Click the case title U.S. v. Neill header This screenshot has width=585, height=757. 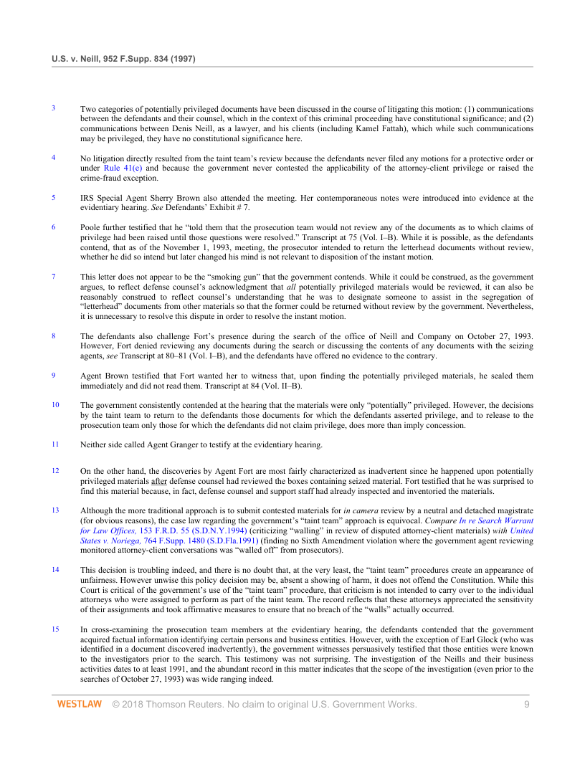tap(123, 57)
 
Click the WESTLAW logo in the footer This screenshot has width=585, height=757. tap(79, 705)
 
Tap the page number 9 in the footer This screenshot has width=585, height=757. tap(526, 705)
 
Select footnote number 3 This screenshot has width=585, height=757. tap(54, 108)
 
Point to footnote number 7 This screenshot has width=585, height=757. tap(54, 276)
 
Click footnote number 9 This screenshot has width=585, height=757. tap(54, 374)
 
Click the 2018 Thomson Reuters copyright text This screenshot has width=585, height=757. tap(265, 705)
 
